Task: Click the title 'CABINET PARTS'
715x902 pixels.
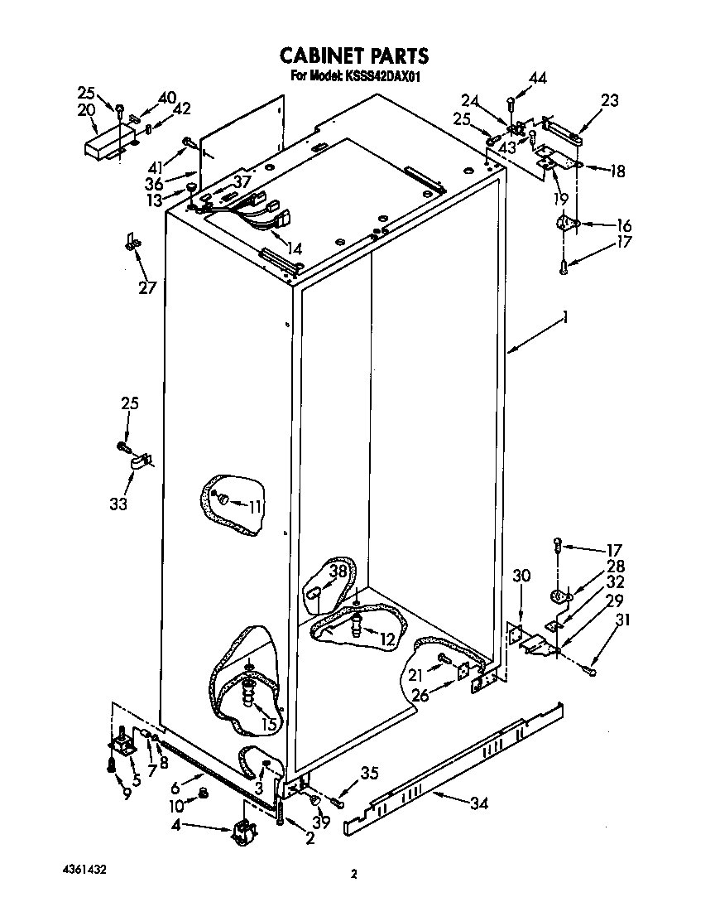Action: coord(353,56)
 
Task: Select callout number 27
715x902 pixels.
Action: coord(146,287)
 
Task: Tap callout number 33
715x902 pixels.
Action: coord(118,504)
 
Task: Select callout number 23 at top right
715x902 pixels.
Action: coord(609,101)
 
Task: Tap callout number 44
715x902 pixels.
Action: coord(538,79)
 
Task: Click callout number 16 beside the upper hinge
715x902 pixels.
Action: coord(623,225)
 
